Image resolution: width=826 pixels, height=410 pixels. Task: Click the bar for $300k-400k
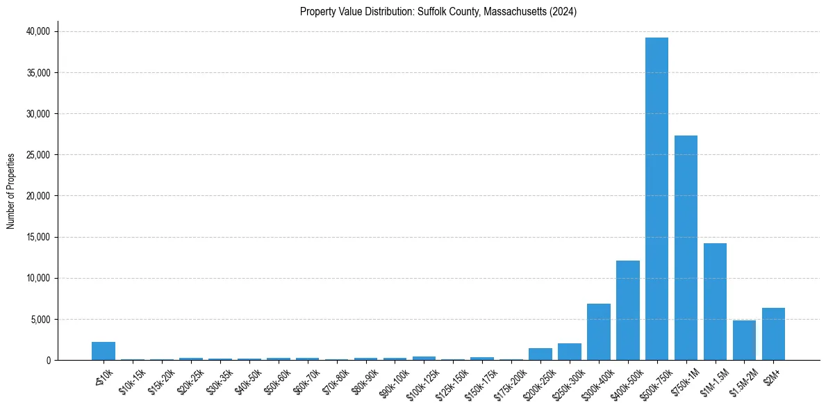[x=598, y=332]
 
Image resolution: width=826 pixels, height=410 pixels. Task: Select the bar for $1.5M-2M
[x=744, y=341]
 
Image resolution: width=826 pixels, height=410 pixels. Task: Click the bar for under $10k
[x=104, y=351]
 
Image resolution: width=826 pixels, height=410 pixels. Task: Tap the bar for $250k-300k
[x=569, y=352]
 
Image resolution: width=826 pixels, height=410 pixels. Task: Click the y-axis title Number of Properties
[x=11, y=191]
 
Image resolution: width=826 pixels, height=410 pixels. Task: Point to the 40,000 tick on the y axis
[x=37, y=31]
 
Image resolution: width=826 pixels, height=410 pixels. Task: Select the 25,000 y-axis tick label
[x=37, y=155]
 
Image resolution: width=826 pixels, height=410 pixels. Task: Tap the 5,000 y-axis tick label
[x=40, y=320]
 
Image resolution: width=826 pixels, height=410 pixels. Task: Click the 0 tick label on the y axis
[x=47, y=361]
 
